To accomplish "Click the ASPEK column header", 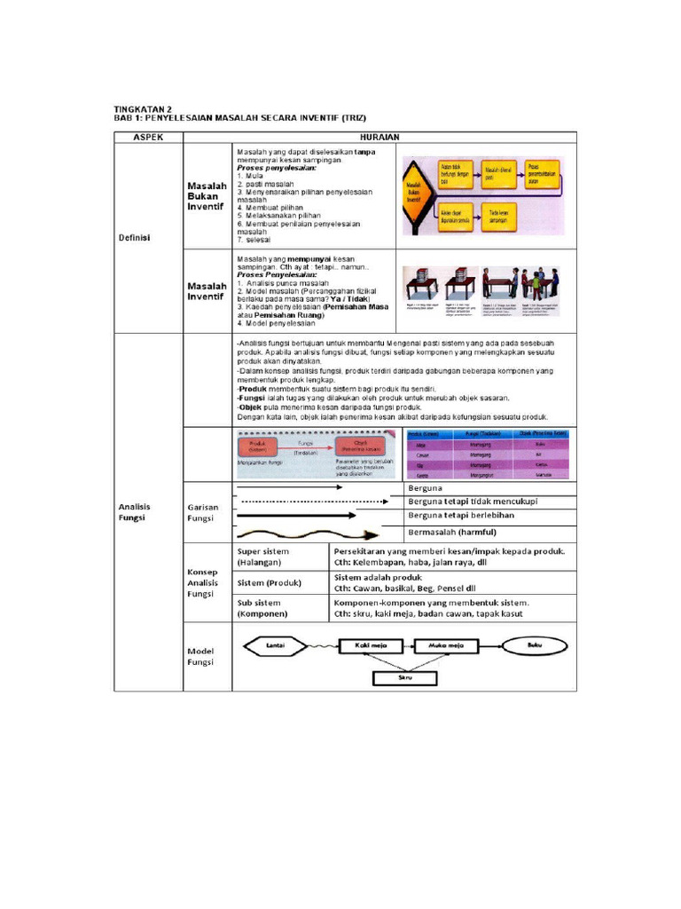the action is point(148,137).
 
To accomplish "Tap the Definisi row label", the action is point(136,238).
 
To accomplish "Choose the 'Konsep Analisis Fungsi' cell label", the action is point(203,582).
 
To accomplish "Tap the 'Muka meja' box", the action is point(441,645).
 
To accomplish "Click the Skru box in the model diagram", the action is point(404,677).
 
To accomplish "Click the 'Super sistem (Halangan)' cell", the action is point(278,557).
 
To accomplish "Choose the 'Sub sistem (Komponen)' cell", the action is point(278,608).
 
